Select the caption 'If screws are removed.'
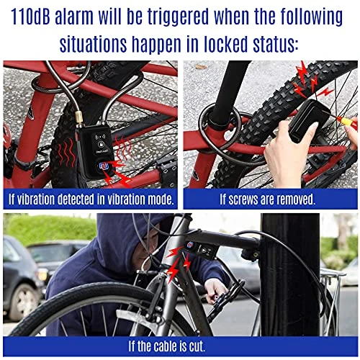267,199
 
